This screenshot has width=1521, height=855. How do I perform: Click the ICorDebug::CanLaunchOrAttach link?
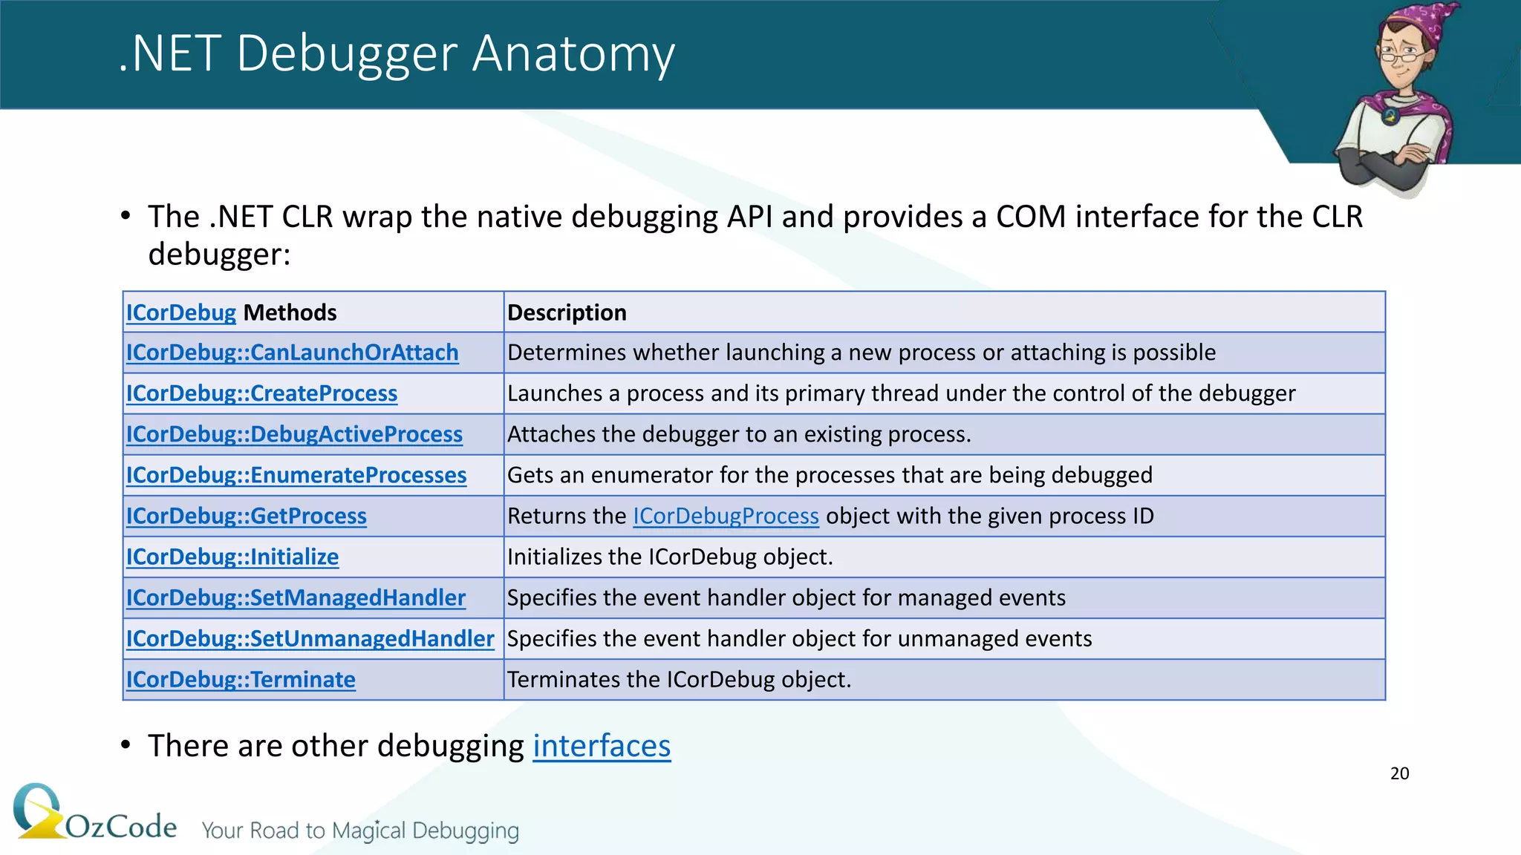tap(292, 353)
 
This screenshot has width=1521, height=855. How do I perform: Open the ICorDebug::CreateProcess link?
tap(261, 393)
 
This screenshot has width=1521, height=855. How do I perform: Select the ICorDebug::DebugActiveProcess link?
tap(294, 434)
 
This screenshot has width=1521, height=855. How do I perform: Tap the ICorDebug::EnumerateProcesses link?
tap(296, 475)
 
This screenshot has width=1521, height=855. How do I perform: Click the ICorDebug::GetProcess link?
tap(246, 516)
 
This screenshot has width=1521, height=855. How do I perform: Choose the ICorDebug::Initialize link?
tap(232, 557)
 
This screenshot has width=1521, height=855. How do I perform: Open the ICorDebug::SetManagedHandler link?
tap(296, 597)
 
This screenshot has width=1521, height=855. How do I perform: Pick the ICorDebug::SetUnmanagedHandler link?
tap(310, 638)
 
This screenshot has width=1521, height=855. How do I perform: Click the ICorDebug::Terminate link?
tap(241, 679)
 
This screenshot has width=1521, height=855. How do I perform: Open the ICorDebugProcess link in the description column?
tap(726, 516)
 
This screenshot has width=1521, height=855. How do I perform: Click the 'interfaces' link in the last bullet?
tap(602, 746)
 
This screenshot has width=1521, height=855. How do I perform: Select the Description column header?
tap(567, 312)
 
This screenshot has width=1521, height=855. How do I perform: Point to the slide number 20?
tap(1399, 773)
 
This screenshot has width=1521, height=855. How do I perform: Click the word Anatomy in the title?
tap(573, 53)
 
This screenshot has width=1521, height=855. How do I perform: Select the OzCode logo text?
tap(121, 826)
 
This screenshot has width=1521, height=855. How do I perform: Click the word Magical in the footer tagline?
tap(368, 831)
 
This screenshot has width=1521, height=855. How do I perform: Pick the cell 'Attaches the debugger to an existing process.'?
tap(739, 434)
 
